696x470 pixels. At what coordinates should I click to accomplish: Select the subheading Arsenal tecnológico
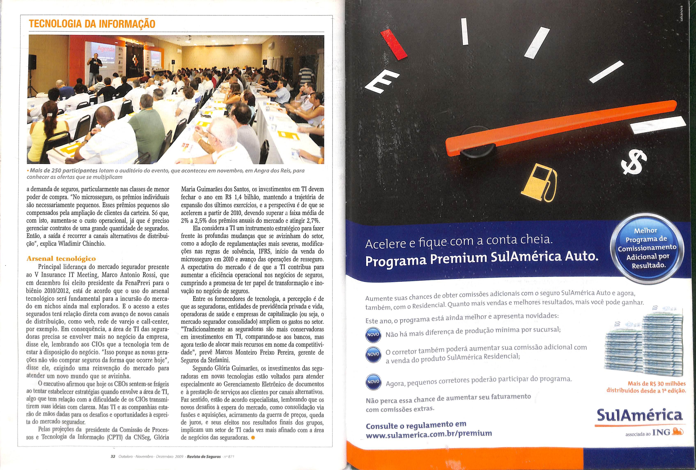[61, 258]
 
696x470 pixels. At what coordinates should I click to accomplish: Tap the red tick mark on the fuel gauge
[394, 44]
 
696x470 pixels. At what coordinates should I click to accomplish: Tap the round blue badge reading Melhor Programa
[647, 248]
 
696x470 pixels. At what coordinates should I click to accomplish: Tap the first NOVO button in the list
[373, 334]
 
